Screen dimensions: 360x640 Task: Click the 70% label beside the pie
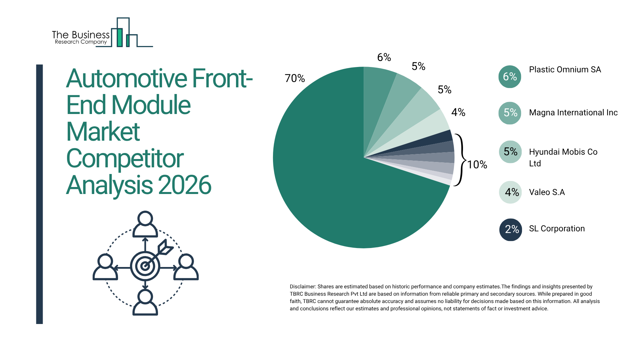click(295, 78)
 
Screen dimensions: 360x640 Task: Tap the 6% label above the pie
click(384, 57)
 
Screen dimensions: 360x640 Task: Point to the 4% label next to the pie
click(458, 112)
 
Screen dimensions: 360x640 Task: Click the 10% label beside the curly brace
click(477, 165)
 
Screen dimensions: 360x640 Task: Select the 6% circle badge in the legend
click(510, 77)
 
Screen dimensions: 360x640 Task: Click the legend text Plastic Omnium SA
click(565, 70)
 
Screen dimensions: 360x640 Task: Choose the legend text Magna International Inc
click(573, 113)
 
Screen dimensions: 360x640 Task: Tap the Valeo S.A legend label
click(547, 192)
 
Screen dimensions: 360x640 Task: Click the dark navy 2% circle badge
click(510, 229)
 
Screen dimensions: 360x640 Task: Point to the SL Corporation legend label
click(557, 229)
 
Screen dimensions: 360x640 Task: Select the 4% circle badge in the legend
click(510, 192)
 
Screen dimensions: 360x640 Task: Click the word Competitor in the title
click(125, 159)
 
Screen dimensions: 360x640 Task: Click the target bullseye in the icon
click(145, 266)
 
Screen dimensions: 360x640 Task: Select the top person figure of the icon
click(145, 224)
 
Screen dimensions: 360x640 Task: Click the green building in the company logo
click(119, 37)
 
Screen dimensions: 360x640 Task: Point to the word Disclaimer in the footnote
click(302, 287)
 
